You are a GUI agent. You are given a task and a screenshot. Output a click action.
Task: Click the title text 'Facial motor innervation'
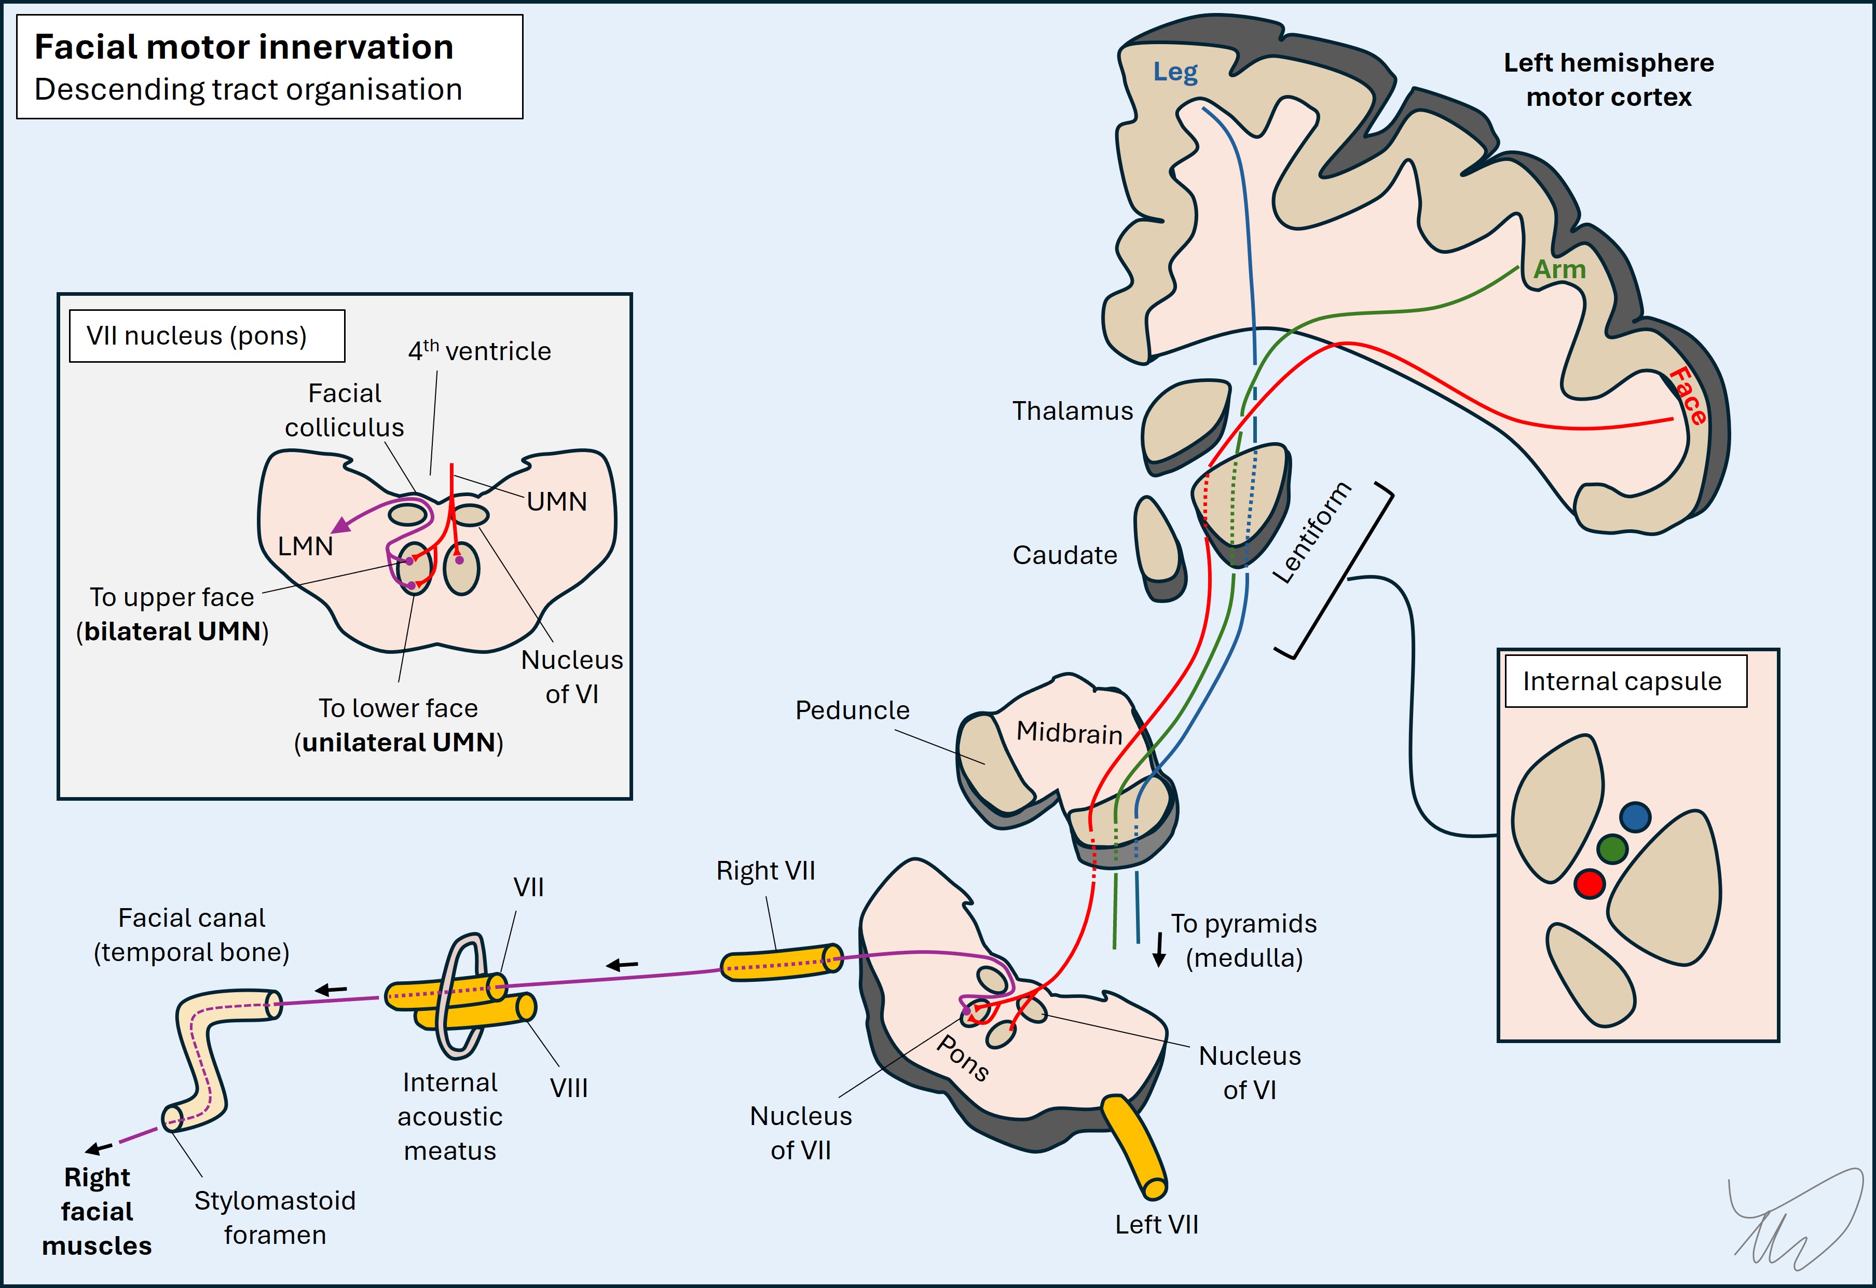click(244, 47)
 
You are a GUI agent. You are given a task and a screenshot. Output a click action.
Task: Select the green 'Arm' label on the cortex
click(1559, 269)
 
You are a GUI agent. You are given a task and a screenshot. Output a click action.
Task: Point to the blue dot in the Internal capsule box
click(1635, 817)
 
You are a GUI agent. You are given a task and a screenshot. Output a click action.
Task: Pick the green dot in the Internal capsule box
click(1611, 849)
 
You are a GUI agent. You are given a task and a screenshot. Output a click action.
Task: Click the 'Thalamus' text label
click(1072, 411)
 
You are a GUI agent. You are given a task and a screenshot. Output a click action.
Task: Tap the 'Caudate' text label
click(1065, 555)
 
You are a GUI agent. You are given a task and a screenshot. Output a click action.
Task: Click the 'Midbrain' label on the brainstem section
click(1069, 733)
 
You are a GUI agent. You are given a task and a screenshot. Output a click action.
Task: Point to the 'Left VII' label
click(1156, 1224)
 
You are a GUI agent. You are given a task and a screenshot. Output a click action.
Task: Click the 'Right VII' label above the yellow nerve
click(765, 871)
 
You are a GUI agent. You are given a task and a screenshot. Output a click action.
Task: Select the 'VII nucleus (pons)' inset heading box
click(207, 336)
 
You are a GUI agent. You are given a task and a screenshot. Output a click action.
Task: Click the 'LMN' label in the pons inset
click(305, 546)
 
